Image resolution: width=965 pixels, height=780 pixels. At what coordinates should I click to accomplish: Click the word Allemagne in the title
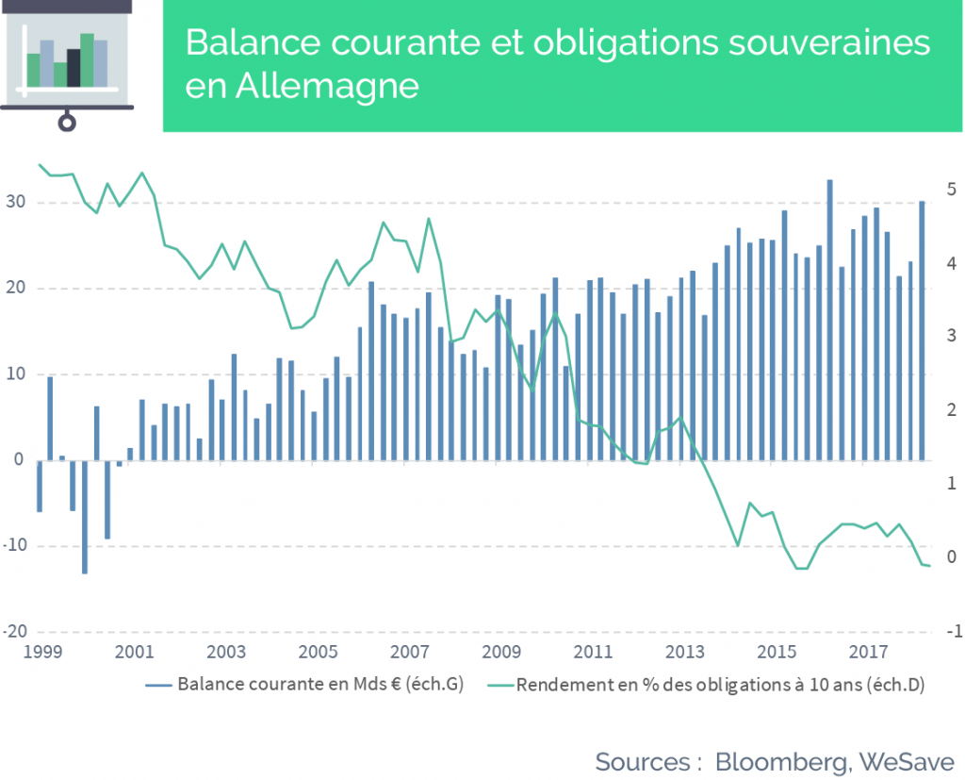click(327, 86)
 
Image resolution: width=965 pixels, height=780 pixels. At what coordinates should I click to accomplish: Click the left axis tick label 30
click(15, 202)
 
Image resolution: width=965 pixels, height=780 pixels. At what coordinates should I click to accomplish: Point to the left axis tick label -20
click(15, 631)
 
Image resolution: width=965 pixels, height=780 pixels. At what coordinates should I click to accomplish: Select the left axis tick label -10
click(15, 545)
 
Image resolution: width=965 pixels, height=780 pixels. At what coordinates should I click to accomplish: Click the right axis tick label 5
click(952, 190)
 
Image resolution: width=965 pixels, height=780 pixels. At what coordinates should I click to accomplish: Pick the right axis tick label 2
click(952, 409)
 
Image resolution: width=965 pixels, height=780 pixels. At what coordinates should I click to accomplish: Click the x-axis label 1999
click(42, 651)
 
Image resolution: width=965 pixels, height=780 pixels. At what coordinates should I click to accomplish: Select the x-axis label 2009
click(501, 651)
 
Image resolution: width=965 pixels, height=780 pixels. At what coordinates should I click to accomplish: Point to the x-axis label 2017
click(868, 651)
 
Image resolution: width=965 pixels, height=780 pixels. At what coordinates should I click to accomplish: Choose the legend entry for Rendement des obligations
click(706, 685)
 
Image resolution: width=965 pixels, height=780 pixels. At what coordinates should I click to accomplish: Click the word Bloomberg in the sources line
click(781, 763)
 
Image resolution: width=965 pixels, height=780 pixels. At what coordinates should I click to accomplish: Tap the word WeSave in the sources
click(907, 762)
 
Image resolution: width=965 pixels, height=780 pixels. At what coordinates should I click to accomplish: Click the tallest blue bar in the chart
click(829, 321)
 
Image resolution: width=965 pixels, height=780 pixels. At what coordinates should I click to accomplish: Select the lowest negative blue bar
click(84, 517)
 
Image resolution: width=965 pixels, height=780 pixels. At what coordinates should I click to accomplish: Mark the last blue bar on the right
click(922, 331)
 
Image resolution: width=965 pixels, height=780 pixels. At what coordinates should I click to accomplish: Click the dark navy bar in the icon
click(74, 68)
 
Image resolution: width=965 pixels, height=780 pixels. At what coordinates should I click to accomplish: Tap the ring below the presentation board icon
click(67, 123)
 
